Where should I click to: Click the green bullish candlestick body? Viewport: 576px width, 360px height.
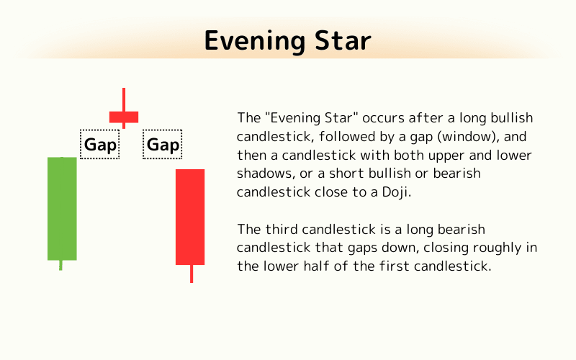pos(62,208)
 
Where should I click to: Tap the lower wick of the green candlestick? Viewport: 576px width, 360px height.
pos(60,265)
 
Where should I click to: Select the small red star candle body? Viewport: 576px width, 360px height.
pos(123,117)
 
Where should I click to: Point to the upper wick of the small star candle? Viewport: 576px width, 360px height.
pos(124,99)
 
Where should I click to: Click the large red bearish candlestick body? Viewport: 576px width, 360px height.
pos(190,217)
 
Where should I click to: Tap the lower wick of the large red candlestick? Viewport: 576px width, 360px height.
pos(191,274)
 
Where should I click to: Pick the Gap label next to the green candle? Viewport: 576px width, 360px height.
pos(100,145)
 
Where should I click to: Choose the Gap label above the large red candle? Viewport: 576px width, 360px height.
pos(163,145)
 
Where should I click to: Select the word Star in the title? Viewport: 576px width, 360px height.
pos(343,40)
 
